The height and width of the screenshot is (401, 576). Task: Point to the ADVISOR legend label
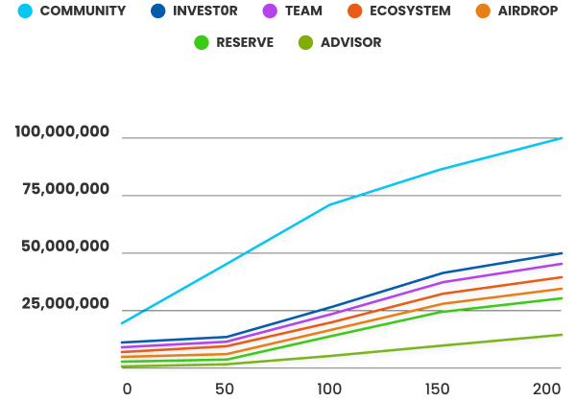click(x=349, y=42)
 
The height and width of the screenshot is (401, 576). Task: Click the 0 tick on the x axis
click(x=127, y=389)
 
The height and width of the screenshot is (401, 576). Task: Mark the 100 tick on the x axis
click(x=329, y=389)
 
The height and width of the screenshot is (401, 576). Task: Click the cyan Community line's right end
click(x=563, y=139)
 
